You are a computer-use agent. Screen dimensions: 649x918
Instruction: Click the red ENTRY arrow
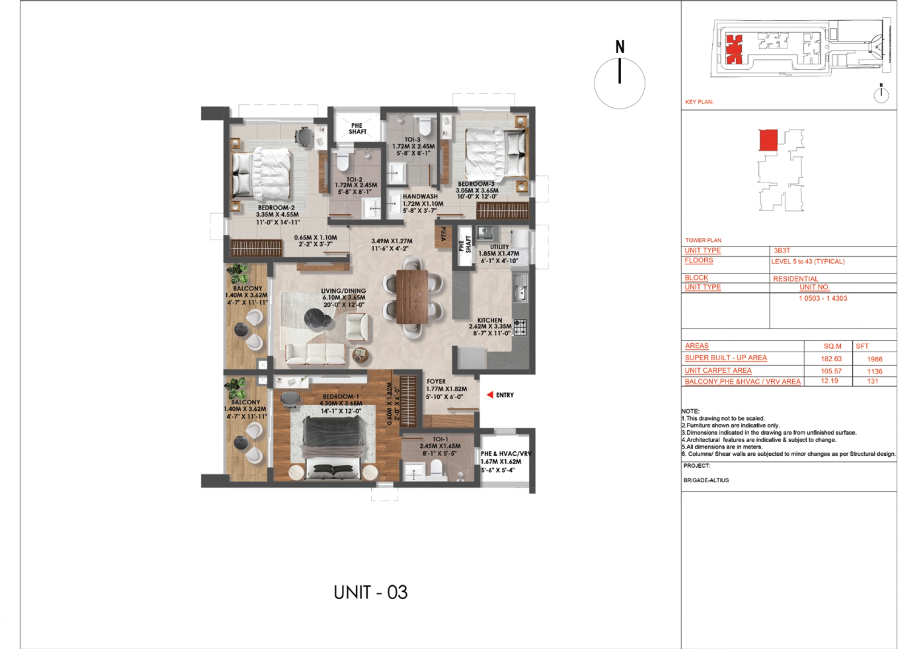[489, 395]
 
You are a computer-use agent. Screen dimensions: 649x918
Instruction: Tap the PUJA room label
[443, 234]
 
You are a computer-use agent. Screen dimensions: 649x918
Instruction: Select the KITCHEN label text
[489, 320]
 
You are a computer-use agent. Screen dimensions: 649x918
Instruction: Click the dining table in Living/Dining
[412, 296]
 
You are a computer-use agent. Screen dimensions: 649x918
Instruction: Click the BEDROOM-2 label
[276, 207]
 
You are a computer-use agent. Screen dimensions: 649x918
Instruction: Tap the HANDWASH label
[420, 196]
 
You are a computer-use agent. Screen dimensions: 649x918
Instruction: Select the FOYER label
[436, 381]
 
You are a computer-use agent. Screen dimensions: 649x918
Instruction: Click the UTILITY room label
[499, 247]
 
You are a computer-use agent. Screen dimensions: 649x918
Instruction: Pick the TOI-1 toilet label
[440, 439]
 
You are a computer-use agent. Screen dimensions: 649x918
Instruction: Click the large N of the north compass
[620, 47]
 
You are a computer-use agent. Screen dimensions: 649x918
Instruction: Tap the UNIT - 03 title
[370, 593]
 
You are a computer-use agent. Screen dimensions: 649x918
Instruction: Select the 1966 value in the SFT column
[874, 359]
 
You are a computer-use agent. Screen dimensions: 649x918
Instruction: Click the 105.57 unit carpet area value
[831, 371]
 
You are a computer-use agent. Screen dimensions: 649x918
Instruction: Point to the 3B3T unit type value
[782, 251]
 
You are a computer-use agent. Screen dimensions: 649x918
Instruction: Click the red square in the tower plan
[768, 140]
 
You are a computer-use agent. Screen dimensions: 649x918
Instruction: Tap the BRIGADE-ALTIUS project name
[706, 480]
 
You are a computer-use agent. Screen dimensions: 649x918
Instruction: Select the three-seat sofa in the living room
[315, 355]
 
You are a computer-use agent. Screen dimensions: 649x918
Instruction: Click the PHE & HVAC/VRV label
[506, 454]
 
